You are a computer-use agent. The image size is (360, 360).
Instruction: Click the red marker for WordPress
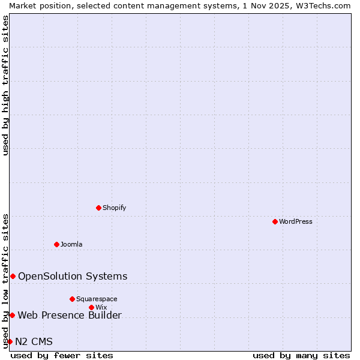click(x=275, y=221)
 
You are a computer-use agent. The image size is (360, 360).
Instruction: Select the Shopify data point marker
click(x=98, y=208)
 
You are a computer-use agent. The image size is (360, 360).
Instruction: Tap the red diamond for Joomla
click(x=56, y=244)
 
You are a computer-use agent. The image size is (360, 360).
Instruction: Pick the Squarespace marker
click(x=72, y=299)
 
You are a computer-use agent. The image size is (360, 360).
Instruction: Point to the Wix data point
click(x=91, y=307)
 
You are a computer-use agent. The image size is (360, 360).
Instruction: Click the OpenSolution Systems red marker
click(x=13, y=276)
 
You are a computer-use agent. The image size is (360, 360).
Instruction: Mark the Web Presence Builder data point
click(x=12, y=315)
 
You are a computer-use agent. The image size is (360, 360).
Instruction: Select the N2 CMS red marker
click(x=10, y=341)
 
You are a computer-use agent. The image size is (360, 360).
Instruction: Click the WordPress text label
click(x=296, y=221)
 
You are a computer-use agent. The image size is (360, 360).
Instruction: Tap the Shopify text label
click(x=115, y=208)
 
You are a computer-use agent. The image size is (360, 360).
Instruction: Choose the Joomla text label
click(x=71, y=244)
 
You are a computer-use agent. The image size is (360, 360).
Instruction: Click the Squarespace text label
click(x=97, y=299)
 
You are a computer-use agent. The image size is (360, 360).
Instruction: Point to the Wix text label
click(x=101, y=307)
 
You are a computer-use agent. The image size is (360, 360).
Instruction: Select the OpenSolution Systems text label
click(x=73, y=276)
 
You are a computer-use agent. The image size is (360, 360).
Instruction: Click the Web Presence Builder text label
click(x=70, y=315)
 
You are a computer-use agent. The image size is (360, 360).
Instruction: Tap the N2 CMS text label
click(x=34, y=341)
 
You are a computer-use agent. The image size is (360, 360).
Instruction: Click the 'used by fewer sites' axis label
click(x=62, y=355)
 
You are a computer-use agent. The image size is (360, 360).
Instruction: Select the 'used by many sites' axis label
click(x=301, y=355)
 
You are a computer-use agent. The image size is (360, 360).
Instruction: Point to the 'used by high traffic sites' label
click(x=5, y=85)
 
